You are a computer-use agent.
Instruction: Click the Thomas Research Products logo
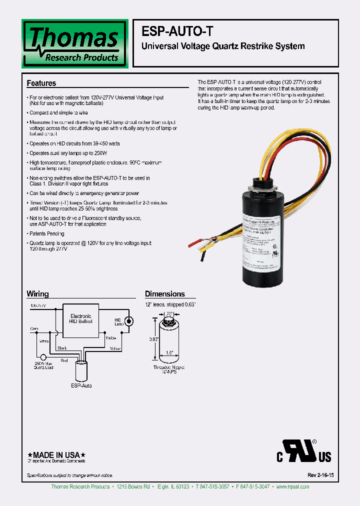click(x=74, y=43)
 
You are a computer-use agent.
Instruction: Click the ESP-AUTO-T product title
click(x=178, y=31)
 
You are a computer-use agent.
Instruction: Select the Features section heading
click(x=41, y=83)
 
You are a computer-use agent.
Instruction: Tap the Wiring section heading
click(x=37, y=294)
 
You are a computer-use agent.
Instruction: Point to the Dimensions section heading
click(x=165, y=294)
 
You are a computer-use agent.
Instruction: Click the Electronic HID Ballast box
click(x=80, y=319)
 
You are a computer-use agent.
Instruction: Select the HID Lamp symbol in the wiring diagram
click(x=129, y=320)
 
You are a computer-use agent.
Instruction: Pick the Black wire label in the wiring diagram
click(x=62, y=347)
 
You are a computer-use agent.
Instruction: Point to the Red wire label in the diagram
click(x=64, y=359)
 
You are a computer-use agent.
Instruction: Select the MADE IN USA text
click(x=56, y=454)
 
